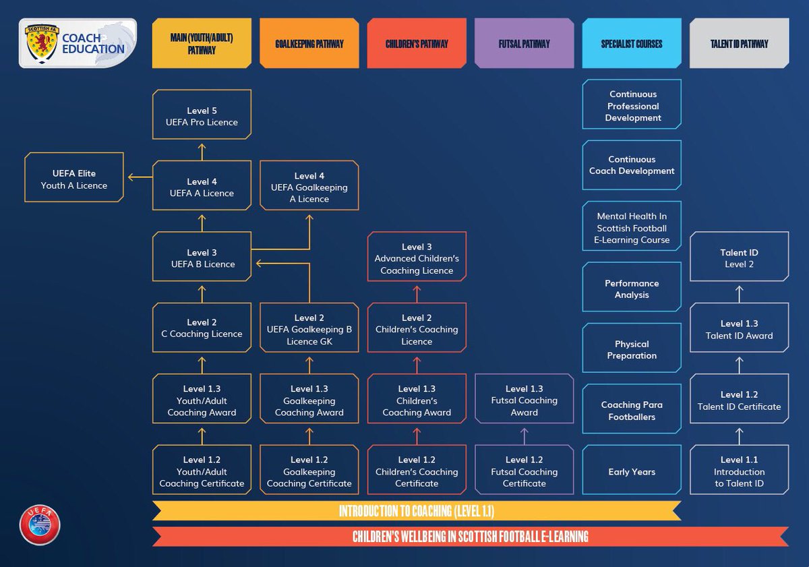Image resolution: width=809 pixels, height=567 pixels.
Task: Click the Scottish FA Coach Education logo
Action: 78,43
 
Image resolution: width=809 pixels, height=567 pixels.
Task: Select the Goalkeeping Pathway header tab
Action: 309,44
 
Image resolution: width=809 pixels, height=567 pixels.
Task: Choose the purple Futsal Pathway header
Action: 524,44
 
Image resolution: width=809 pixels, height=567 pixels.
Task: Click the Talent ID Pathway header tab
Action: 739,44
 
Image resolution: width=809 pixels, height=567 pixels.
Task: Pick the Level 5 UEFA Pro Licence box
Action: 202,116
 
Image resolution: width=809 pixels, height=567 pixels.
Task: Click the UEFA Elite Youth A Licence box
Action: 73,179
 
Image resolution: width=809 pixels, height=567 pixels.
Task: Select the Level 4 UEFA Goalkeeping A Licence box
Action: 309,187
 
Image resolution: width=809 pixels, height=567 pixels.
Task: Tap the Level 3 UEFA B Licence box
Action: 202,258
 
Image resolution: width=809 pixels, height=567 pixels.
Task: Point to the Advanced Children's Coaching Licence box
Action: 417,258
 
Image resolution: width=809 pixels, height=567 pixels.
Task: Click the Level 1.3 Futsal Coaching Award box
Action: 524,400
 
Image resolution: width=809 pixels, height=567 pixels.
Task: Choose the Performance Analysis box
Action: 632,289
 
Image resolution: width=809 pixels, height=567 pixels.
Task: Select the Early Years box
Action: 632,472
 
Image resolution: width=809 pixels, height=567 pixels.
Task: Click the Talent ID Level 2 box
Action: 739,258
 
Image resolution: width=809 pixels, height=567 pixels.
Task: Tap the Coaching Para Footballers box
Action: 632,411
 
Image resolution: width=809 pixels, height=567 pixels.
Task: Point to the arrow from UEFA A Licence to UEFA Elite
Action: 140,178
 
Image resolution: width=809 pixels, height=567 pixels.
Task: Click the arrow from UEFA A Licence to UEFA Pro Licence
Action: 202,150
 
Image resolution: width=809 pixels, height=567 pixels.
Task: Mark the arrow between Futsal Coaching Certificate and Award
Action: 524,435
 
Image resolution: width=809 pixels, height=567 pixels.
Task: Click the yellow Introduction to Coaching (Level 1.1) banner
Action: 416,511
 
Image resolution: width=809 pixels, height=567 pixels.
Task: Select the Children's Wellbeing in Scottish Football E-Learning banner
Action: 470,537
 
